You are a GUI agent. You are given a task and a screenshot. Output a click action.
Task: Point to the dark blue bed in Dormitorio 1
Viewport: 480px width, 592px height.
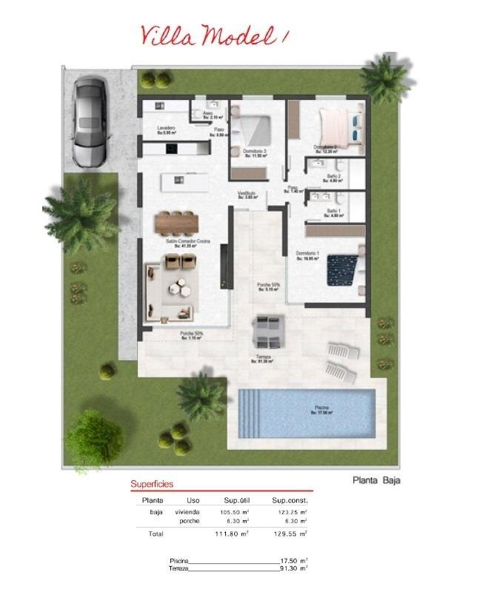[342, 269]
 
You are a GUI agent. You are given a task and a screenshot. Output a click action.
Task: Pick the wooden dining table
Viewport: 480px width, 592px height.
[177, 221]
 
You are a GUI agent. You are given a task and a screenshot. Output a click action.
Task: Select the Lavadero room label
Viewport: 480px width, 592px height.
[166, 129]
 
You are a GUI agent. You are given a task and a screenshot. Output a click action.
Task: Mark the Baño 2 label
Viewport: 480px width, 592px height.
[333, 177]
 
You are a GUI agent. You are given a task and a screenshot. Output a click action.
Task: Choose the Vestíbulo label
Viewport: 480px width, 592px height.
[247, 195]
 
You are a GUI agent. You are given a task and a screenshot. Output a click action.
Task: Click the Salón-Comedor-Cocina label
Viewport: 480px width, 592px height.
[187, 243]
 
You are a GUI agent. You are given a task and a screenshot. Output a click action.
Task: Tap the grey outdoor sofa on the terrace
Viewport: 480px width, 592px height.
[267, 331]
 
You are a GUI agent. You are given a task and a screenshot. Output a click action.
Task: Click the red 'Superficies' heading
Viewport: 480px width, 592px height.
[152, 484]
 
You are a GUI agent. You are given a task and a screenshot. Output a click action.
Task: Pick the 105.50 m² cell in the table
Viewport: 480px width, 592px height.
[234, 512]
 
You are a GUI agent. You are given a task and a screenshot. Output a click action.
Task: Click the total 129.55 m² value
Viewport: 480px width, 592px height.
[290, 533]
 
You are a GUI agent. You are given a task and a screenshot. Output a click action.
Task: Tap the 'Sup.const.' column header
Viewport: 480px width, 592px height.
[290, 500]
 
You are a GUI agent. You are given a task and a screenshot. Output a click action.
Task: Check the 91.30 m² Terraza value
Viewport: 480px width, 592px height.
[293, 568]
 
